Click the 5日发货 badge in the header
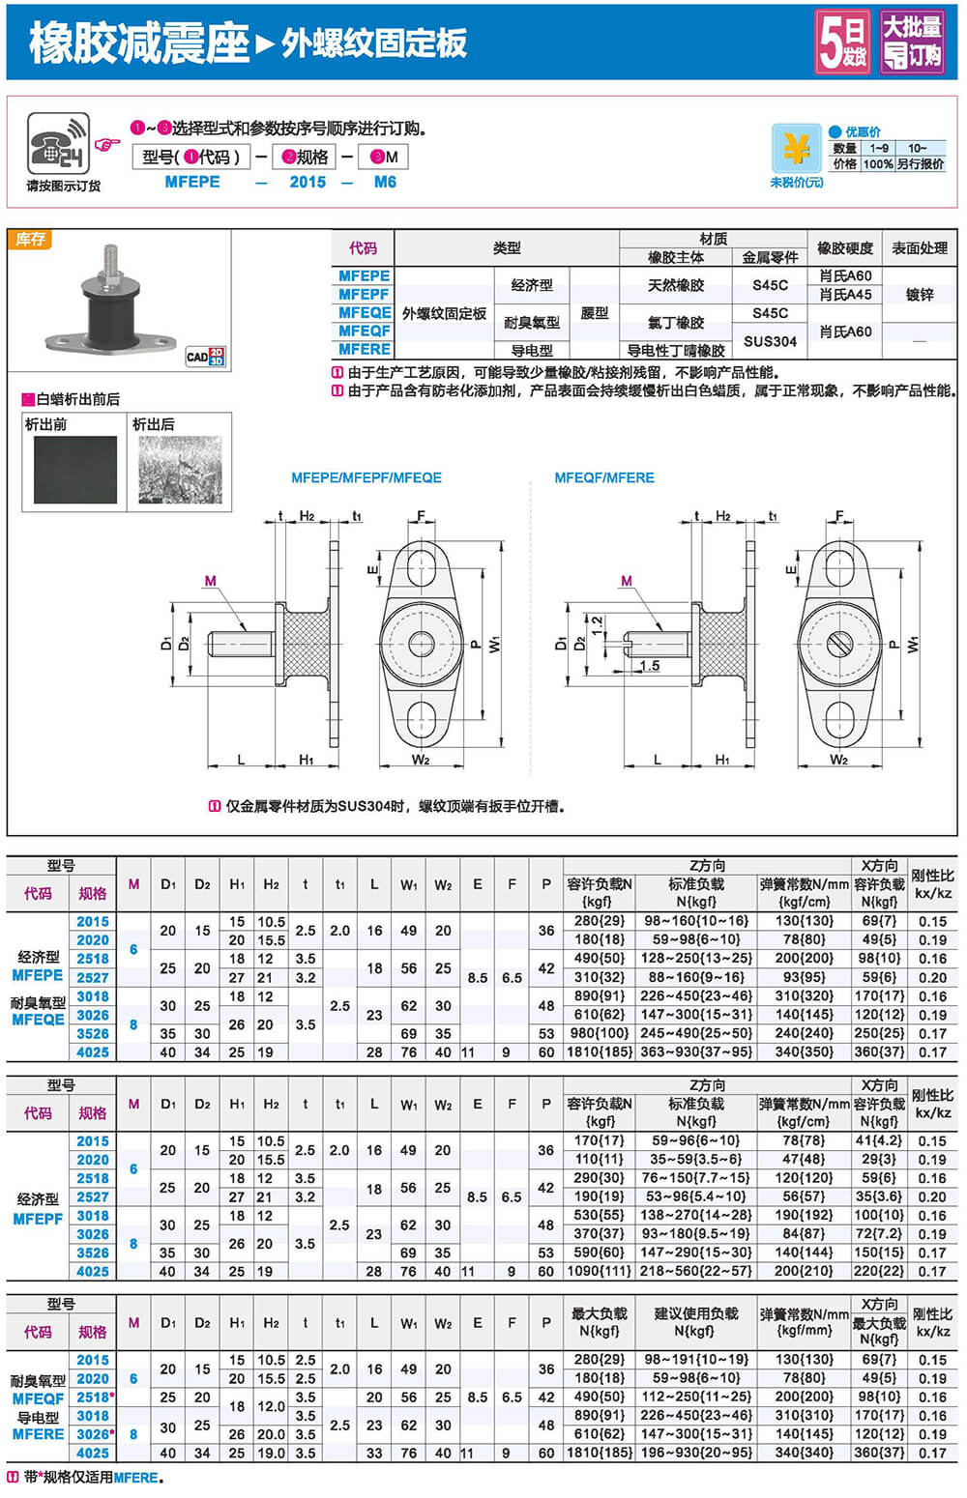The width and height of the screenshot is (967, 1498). pos(842,43)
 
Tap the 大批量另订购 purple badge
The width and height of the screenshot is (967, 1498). pos(911,43)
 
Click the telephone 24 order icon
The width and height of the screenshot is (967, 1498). pos(57,145)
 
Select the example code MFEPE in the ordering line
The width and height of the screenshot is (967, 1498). pos(192,182)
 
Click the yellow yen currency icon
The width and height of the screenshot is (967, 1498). pos(796,150)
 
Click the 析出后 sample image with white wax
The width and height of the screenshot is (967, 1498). pos(180,470)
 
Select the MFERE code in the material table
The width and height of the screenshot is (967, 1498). pos(365,349)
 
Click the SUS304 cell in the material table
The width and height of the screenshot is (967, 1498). pos(770,340)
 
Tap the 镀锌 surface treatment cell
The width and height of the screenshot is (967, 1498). pos(919,294)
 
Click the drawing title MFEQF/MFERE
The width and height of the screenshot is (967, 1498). pos(604,477)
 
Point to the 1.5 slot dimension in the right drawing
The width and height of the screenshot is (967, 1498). pos(649,666)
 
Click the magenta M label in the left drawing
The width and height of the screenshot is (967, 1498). pos(211,581)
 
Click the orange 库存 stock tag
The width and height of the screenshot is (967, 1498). pos(30,239)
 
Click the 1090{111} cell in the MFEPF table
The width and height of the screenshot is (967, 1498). pos(599,1271)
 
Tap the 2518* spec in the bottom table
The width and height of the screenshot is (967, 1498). pos(95,1397)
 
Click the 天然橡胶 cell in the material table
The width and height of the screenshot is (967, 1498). pos(676,285)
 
